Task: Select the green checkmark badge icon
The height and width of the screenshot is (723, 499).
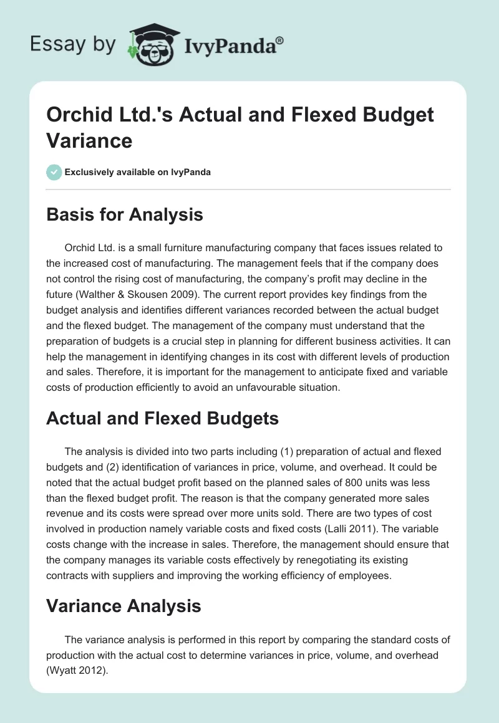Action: (55, 172)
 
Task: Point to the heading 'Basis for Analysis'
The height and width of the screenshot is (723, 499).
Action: (125, 215)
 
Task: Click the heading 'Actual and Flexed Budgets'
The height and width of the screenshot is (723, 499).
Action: (162, 418)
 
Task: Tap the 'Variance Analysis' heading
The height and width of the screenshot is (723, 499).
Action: (124, 605)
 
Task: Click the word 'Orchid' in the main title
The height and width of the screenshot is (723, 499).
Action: (78, 115)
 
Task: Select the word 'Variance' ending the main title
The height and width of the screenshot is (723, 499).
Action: (89, 141)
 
